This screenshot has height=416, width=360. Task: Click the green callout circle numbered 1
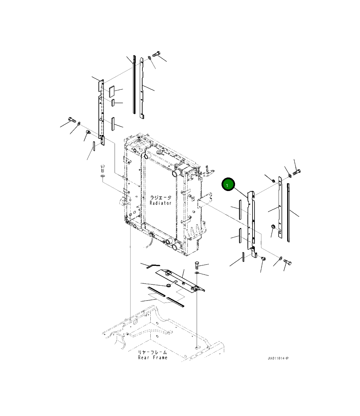click(x=228, y=184)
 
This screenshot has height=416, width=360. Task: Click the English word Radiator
click(x=161, y=203)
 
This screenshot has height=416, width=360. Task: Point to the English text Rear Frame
click(x=153, y=358)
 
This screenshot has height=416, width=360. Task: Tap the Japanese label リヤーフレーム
click(x=152, y=352)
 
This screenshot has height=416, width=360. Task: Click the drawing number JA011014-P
click(x=278, y=358)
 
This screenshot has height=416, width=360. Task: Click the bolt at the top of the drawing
click(x=156, y=54)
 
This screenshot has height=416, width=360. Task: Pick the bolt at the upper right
click(x=297, y=172)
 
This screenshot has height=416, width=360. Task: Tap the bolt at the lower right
click(x=287, y=262)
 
